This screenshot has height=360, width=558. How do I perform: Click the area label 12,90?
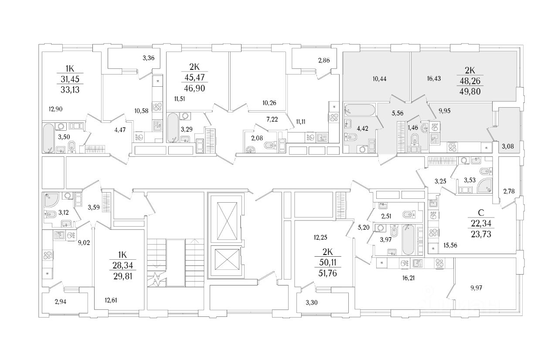55,109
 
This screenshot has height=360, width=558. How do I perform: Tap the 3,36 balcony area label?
149,58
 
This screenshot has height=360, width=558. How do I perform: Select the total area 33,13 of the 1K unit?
70,90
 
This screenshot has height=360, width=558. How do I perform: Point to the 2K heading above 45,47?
194,67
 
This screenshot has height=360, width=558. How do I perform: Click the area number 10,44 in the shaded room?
379,79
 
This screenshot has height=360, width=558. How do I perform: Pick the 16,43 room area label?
434,78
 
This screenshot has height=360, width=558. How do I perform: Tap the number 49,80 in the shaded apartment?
470,92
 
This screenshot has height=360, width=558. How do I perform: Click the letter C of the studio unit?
481,213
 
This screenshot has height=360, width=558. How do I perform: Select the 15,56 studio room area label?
450,245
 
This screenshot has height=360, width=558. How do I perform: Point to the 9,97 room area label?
476,288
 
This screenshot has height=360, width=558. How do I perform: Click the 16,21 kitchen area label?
408,278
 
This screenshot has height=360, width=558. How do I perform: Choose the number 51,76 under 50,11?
327,273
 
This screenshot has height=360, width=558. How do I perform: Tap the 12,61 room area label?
111,300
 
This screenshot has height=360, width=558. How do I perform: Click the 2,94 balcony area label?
61,302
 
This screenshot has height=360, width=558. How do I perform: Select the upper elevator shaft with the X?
227,221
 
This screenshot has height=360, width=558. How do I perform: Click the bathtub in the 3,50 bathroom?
48,138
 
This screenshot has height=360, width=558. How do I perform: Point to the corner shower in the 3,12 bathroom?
51,200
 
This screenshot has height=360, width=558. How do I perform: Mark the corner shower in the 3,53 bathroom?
485,186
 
